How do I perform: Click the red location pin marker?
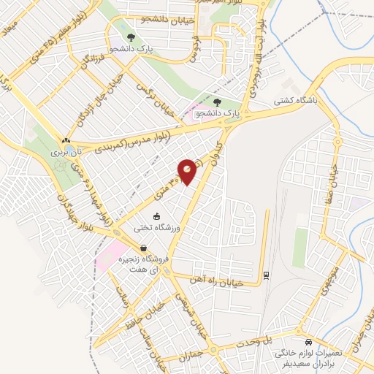click(x=188, y=171)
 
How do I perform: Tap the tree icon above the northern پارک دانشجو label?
click(x=130, y=38)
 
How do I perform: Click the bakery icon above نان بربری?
click(x=66, y=141)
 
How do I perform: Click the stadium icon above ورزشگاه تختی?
click(x=156, y=215)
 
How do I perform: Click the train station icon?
click(x=264, y=275)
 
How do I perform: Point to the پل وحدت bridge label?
click(x=257, y=341)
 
